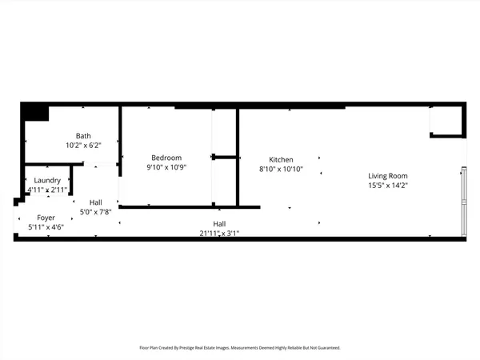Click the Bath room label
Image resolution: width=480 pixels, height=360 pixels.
pos(84,136)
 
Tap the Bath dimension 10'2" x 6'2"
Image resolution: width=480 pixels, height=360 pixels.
pos(84,146)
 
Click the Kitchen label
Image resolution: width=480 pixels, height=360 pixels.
pos(281,159)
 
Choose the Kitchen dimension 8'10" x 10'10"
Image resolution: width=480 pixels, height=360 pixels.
pos(281,170)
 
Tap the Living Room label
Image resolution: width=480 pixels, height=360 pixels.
pos(388,176)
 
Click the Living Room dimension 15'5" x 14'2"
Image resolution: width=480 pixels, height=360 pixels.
pos(388,186)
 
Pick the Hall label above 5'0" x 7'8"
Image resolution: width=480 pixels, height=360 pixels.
pos(96,202)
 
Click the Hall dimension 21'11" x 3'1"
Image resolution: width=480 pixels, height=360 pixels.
pos(219,234)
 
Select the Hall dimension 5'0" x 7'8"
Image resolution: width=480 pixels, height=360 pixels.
pos(96,212)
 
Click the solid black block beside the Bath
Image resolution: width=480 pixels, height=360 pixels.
pos(35,113)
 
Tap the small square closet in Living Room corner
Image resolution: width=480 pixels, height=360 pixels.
pos(446,120)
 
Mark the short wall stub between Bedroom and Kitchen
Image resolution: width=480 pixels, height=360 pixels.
pos(226,157)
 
